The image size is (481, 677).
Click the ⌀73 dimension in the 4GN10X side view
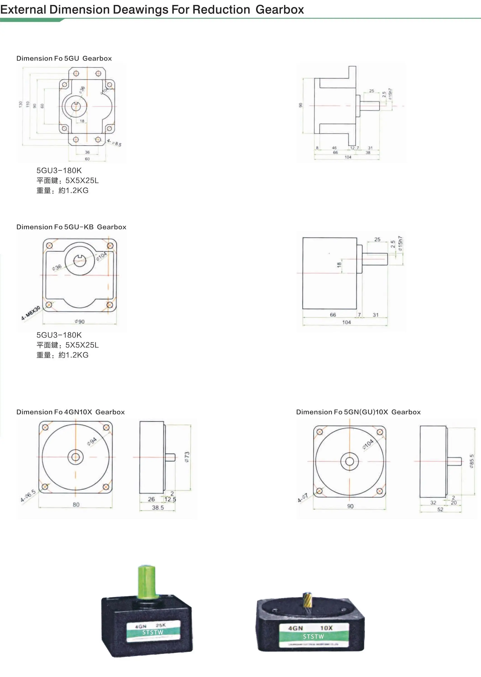click(187, 457)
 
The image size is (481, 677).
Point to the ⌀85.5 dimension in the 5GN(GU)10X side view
click(472, 461)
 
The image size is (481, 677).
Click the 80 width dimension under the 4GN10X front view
click(76, 505)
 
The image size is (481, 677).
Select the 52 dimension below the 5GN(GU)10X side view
click(440, 509)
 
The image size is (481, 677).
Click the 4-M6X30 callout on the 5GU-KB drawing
click(31, 313)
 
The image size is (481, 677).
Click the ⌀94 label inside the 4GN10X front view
click(92, 441)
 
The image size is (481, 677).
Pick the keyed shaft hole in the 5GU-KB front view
click(79, 260)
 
